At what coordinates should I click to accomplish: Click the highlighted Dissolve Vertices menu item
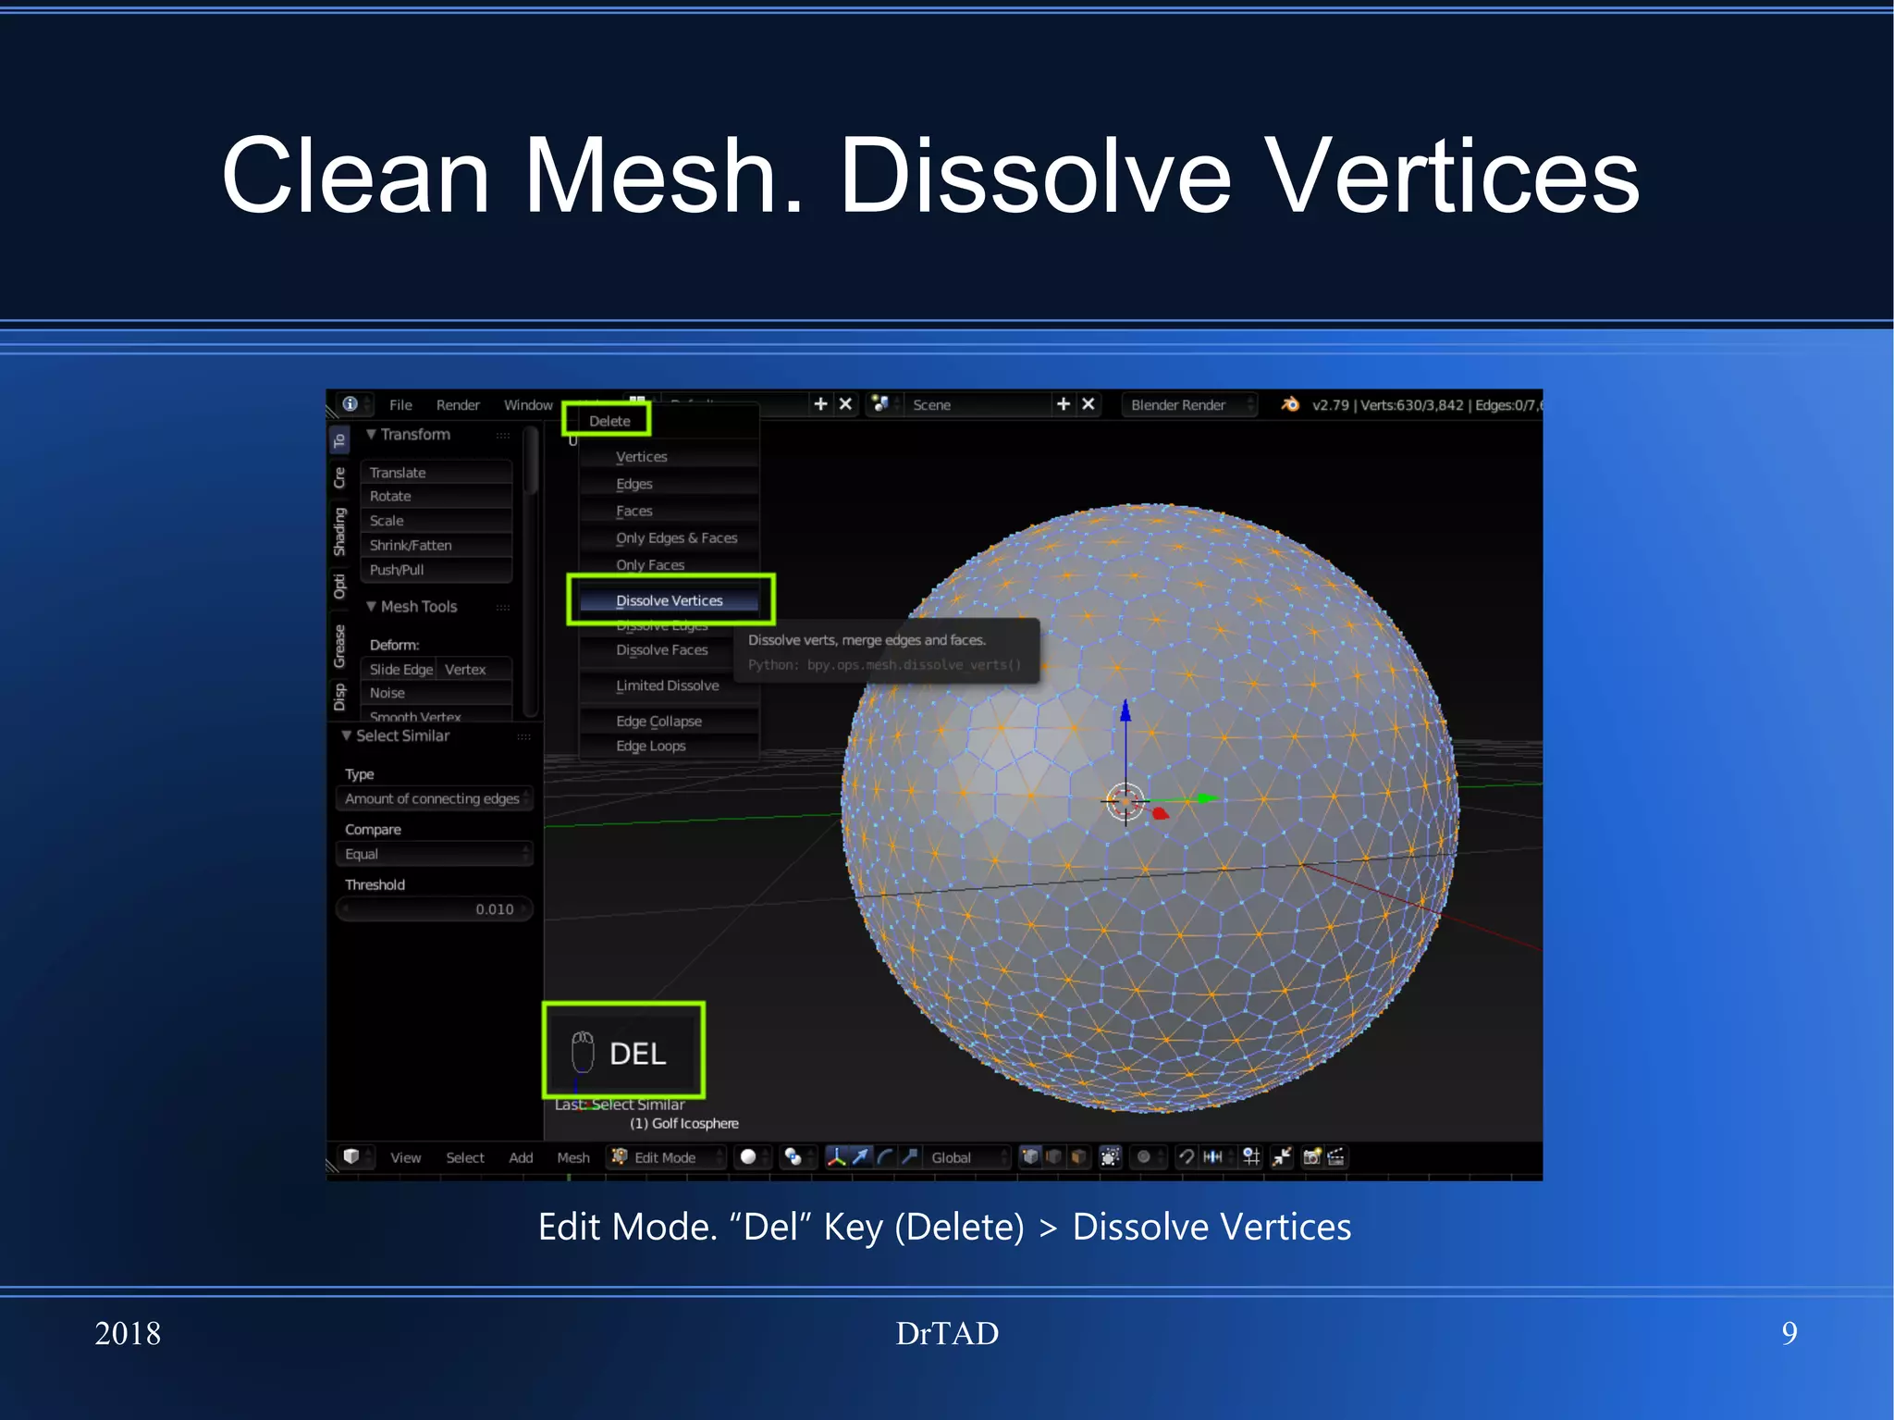(x=670, y=600)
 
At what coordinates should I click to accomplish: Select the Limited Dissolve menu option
(x=667, y=685)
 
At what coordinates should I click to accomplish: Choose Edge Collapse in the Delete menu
(x=658, y=721)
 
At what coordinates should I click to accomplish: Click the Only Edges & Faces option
(x=676, y=537)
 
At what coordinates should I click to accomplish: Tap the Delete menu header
(x=609, y=421)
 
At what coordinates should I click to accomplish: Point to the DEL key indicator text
(x=637, y=1054)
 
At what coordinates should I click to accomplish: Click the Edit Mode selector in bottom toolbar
(x=666, y=1157)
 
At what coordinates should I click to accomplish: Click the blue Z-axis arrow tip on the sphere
(x=1125, y=710)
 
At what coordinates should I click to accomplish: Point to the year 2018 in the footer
(x=128, y=1333)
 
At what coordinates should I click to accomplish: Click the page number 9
(x=1789, y=1333)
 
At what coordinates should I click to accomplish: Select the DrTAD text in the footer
(x=947, y=1333)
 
